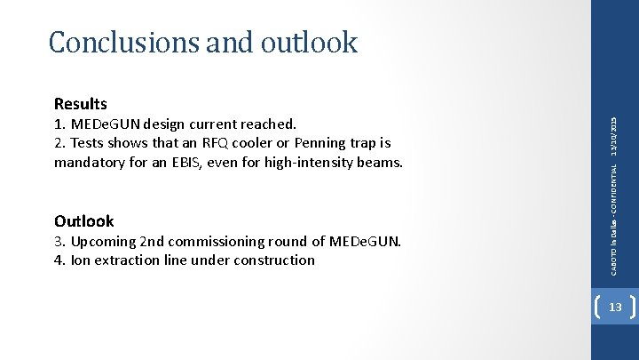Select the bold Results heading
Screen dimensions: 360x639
click(x=80, y=105)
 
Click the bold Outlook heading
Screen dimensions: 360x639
click(x=84, y=221)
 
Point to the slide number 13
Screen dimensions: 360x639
click(x=614, y=307)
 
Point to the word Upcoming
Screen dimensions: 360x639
click(x=103, y=241)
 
